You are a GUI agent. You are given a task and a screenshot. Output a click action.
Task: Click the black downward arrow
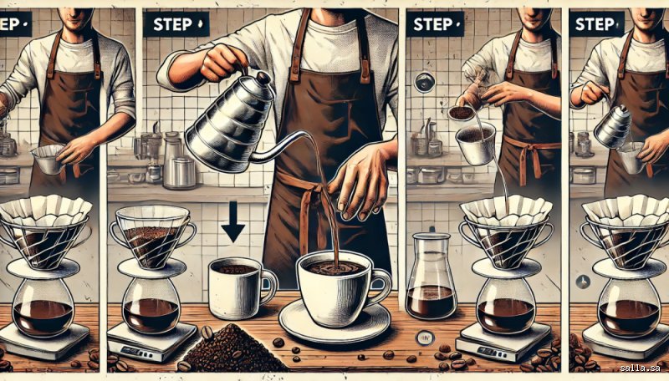[x=233, y=221]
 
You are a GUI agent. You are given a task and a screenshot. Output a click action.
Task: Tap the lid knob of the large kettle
[x=263, y=78]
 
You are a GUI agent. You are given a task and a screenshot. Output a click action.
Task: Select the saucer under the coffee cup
[x=334, y=322]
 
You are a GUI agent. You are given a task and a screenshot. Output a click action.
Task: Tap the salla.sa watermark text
[x=640, y=368]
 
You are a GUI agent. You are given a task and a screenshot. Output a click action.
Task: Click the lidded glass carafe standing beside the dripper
[x=431, y=277]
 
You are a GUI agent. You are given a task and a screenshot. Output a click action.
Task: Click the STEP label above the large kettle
[x=176, y=24]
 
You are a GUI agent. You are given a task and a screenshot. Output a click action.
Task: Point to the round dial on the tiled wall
[x=425, y=82]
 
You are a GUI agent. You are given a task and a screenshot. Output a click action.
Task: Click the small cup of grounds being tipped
[x=461, y=112]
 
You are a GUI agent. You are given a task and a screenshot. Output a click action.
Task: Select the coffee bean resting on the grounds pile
[x=207, y=332]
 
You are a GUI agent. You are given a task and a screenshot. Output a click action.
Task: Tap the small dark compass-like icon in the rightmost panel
[x=583, y=282]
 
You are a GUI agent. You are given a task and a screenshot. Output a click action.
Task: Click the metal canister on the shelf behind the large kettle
[x=180, y=173]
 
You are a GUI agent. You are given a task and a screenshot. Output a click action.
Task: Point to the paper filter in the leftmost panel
[x=45, y=211]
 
